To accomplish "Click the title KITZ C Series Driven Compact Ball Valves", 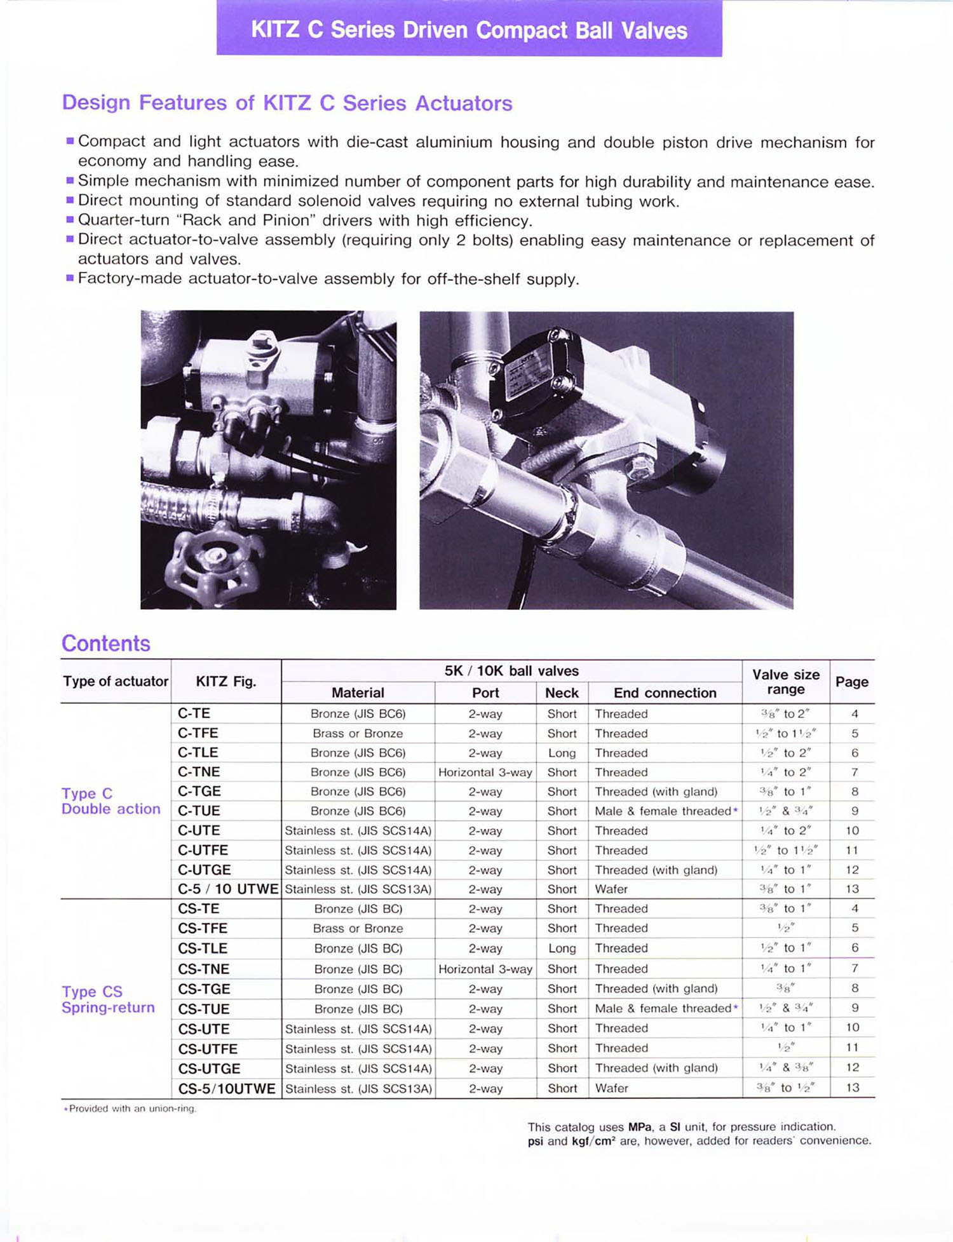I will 469,30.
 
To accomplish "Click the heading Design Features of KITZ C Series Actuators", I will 287,103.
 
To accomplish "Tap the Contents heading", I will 105,644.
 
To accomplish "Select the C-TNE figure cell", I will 199,772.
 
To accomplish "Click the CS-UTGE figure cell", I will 209,1069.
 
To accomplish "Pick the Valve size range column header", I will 785,682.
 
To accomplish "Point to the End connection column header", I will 665,692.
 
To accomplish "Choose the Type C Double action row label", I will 111,801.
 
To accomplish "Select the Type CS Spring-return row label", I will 108,999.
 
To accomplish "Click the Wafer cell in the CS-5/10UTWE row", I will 611,1088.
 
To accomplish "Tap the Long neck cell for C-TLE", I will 562,753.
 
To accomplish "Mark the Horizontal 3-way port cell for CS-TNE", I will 485,969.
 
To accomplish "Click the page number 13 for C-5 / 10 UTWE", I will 852,889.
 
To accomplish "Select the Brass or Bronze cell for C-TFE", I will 358,733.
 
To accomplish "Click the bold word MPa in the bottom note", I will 640,1127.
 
